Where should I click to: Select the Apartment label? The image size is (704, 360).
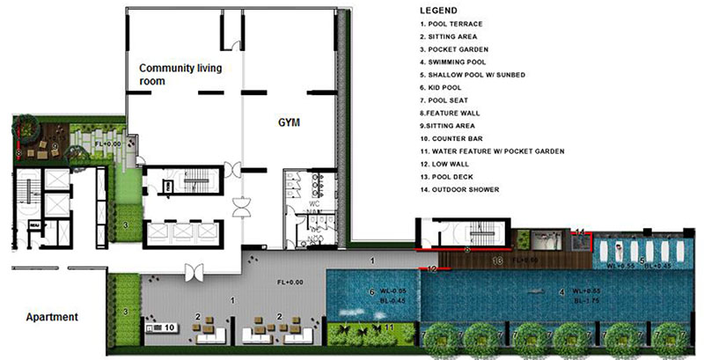click(x=54, y=316)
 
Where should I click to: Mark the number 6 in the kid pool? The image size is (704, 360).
click(x=371, y=291)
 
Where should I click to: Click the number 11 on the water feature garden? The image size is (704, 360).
click(x=388, y=327)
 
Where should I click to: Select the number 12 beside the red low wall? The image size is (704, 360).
click(x=430, y=266)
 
